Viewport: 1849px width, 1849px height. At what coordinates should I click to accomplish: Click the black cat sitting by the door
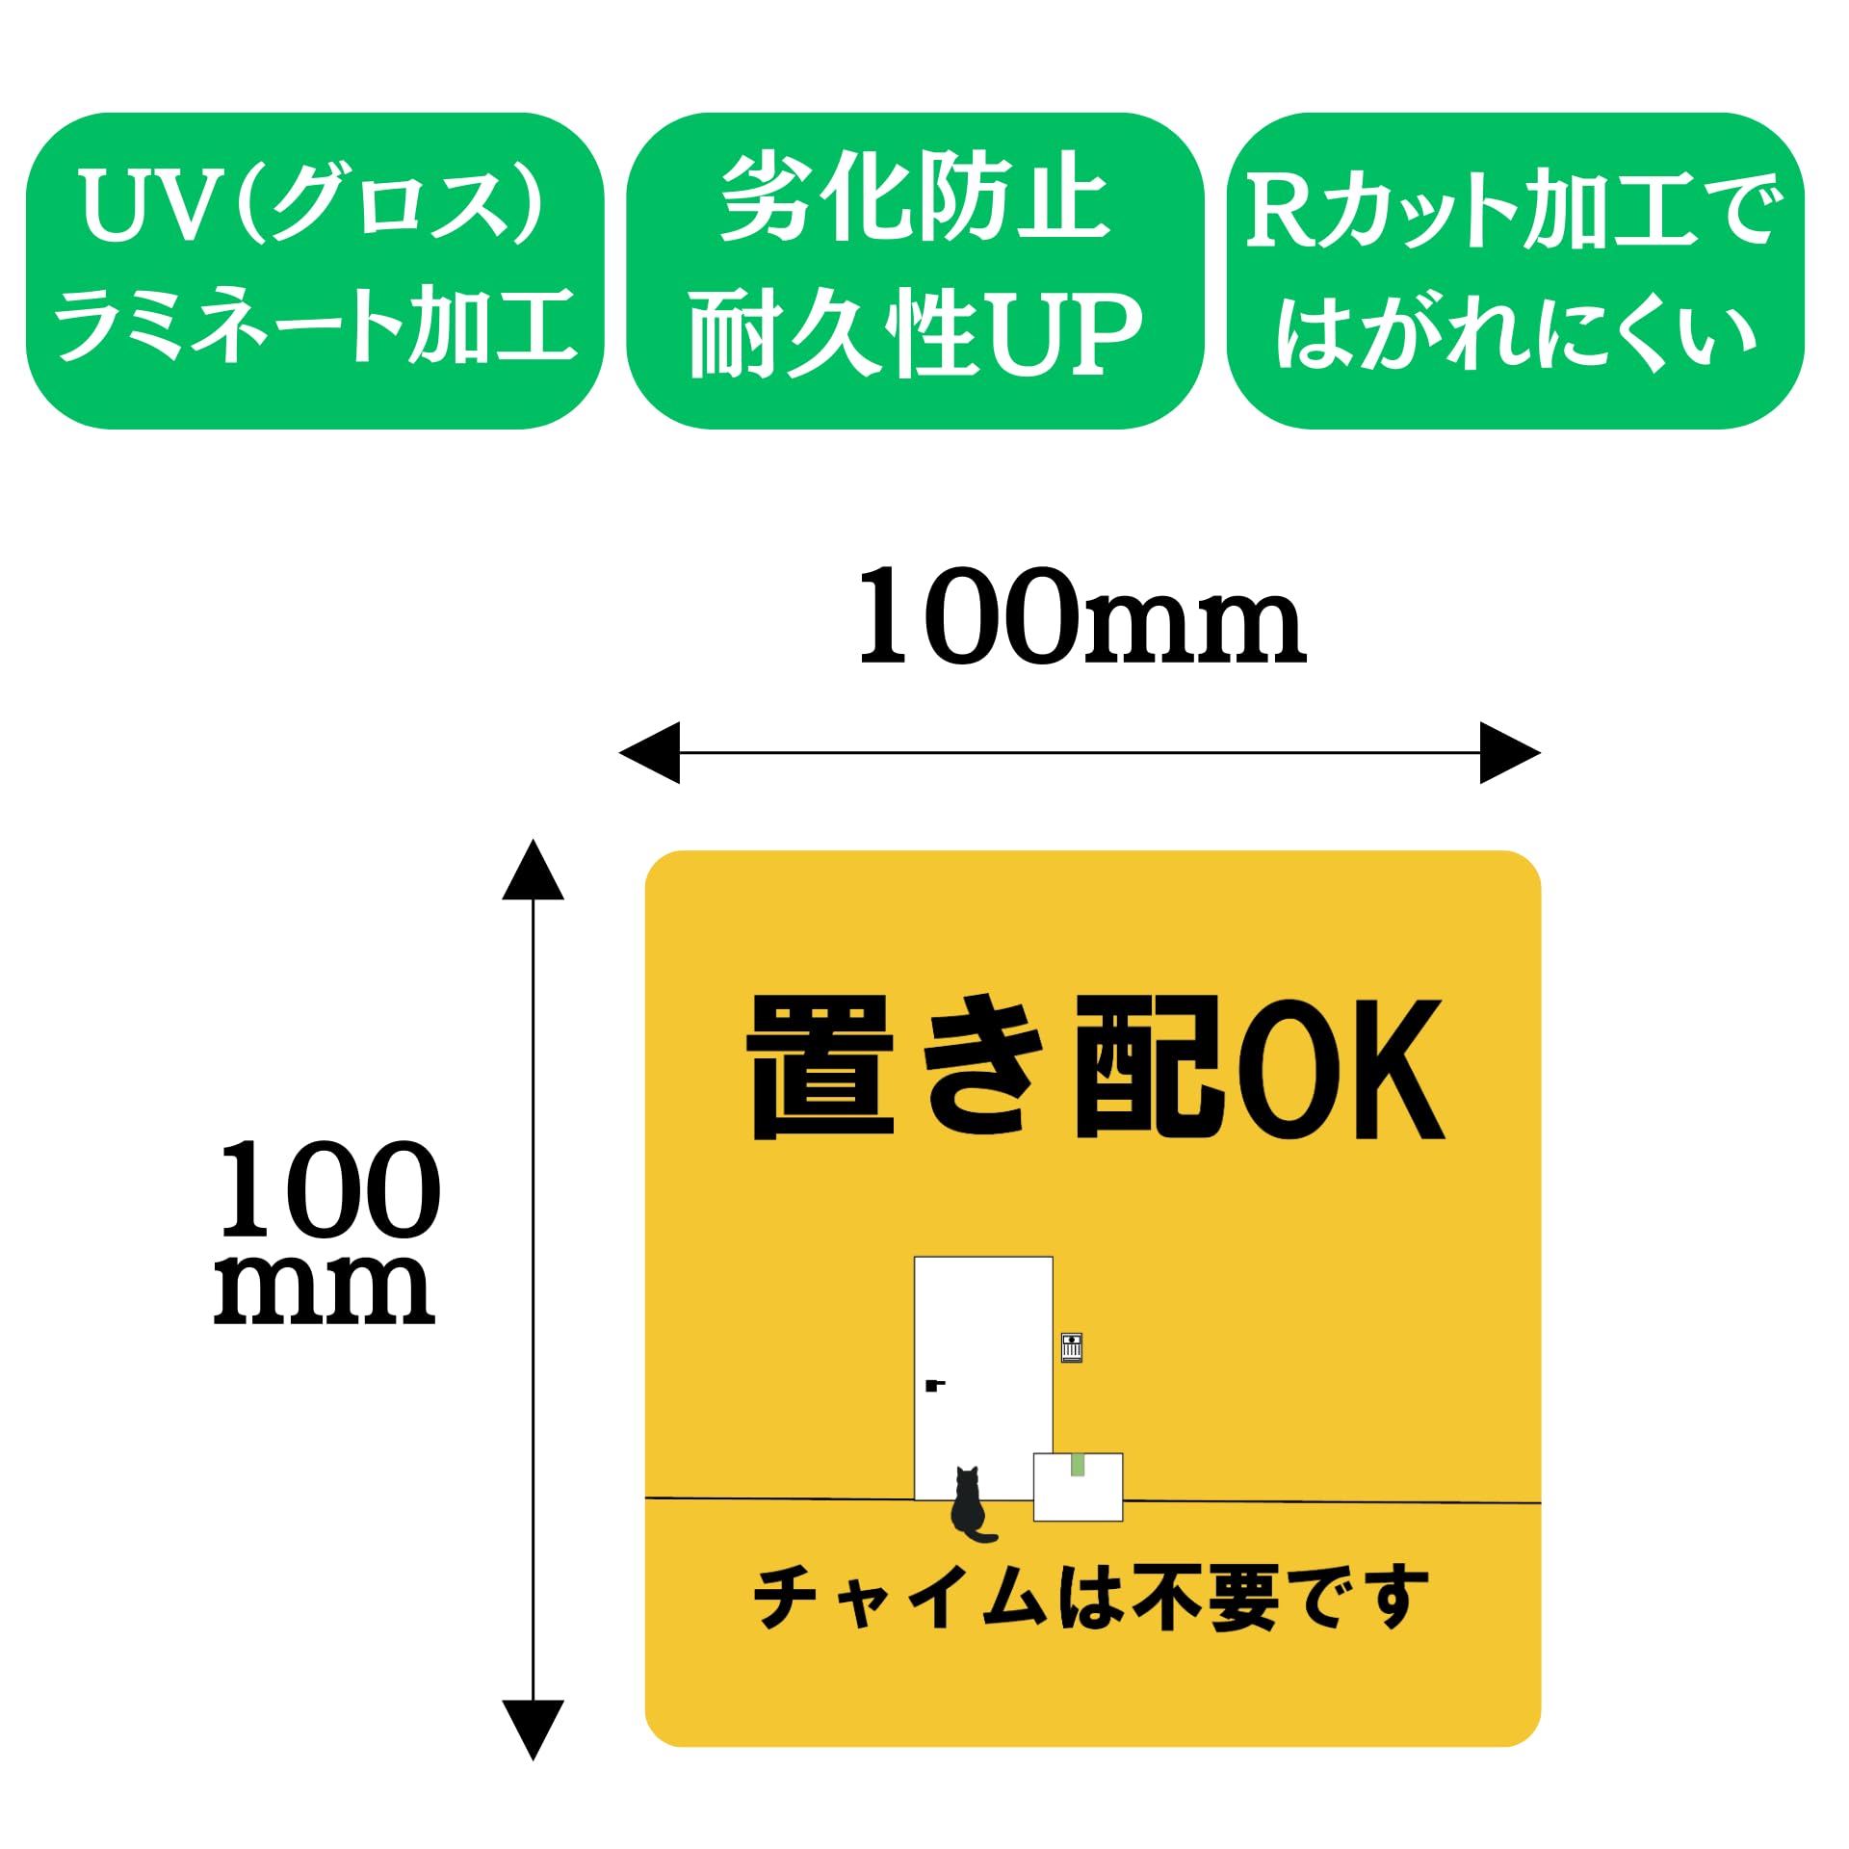tap(969, 1504)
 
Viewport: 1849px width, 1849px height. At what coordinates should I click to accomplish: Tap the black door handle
tap(933, 1386)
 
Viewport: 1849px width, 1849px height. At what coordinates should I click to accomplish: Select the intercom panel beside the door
tap(1071, 1346)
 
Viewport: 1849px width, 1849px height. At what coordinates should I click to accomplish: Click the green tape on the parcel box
tap(1078, 1465)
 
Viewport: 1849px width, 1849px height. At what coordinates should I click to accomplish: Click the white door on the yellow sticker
tap(982, 1348)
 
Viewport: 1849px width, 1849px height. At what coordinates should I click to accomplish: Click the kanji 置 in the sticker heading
tap(821, 1068)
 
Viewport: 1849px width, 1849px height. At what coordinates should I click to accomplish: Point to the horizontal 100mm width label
tap(1081, 617)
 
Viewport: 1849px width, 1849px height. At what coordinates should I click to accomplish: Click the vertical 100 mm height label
tap(327, 1234)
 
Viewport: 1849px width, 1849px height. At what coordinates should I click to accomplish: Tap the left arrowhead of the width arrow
tap(650, 752)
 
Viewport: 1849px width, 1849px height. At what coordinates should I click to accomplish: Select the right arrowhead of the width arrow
tap(1509, 752)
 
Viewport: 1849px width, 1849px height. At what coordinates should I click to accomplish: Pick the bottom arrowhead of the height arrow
tap(533, 1729)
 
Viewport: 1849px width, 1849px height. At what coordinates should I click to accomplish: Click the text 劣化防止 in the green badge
tap(915, 197)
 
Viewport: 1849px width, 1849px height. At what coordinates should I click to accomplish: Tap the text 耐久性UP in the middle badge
tap(915, 332)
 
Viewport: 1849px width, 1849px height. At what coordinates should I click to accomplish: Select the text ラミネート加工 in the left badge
tap(315, 326)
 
